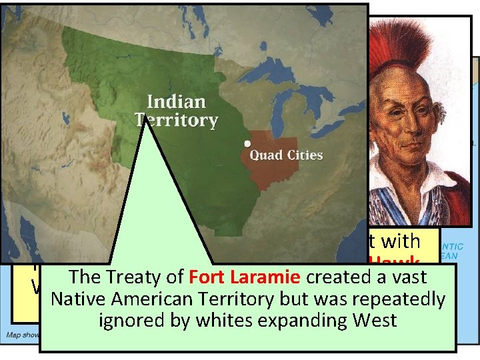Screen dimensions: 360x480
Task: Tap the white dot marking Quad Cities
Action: click(x=247, y=143)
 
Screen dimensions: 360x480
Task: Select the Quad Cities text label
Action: click(x=286, y=155)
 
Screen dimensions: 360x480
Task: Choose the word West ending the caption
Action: click(x=376, y=320)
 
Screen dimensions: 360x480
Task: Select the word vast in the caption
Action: click(x=408, y=277)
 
